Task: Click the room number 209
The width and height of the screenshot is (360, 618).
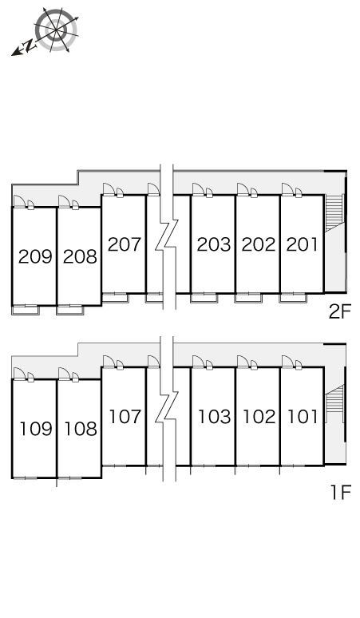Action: click(x=35, y=256)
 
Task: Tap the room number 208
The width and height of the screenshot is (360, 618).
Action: click(x=80, y=256)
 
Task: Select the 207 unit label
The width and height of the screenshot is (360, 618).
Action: click(x=125, y=244)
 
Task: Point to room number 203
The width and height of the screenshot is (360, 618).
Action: click(x=214, y=244)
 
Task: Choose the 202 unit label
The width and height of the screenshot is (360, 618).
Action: click(x=259, y=244)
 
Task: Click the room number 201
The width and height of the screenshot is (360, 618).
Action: click(x=302, y=244)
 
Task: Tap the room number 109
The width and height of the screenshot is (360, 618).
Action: click(x=36, y=429)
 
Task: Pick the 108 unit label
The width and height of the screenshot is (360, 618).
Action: click(x=81, y=429)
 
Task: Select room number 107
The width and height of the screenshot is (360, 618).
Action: click(x=125, y=417)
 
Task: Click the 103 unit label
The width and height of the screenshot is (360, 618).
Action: click(x=214, y=417)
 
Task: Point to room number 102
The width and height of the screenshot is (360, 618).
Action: click(x=259, y=417)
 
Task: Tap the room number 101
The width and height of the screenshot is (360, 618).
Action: click(x=303, y=417)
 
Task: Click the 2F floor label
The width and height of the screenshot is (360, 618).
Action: click(x=339, y=312)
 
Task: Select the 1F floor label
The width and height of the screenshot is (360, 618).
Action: click(x=340, y=493)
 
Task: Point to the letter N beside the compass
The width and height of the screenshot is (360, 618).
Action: click(x=29, y=46)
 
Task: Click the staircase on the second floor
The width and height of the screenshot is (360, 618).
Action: click(x=334, y=212)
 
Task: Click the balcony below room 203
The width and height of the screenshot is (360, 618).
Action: click(x=204, y=298)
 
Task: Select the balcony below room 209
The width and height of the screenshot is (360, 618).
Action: click(x=26, y=310)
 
